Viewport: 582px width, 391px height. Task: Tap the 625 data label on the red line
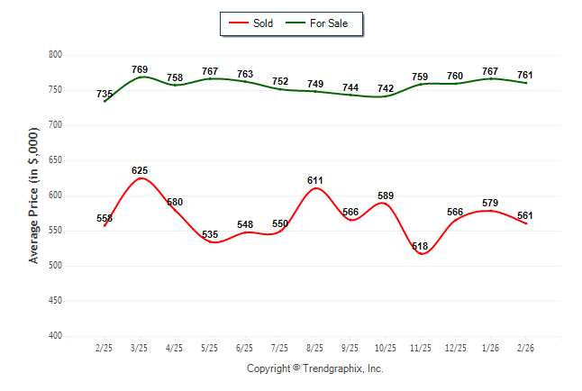140,170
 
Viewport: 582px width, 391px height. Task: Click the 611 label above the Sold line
315,180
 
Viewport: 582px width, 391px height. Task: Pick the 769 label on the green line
140,69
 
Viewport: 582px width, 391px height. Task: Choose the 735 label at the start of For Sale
105,94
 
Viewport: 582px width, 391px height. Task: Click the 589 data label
385,195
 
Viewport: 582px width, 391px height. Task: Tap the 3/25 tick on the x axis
140,348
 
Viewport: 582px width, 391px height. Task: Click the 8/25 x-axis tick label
315,348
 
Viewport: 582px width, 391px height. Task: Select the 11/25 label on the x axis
420,348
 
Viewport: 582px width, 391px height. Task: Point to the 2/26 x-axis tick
525,348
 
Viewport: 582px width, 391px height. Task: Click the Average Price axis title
34,195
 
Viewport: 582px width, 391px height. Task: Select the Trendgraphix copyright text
315,368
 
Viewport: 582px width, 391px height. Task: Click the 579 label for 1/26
490,203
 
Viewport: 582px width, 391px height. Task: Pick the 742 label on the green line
385,88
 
